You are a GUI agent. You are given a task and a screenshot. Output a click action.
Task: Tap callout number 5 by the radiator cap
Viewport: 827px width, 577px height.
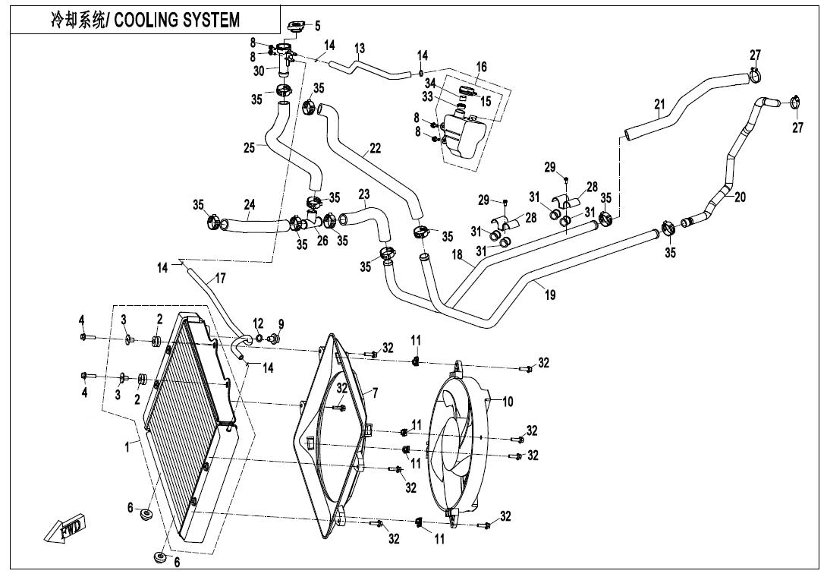(317, 26)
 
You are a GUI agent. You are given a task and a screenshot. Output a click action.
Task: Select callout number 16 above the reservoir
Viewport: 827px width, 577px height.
(481, 68)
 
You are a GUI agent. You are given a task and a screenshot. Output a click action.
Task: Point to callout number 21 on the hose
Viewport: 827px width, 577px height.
(659, 104)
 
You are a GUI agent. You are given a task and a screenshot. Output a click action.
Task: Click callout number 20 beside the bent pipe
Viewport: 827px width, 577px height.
(740, 197)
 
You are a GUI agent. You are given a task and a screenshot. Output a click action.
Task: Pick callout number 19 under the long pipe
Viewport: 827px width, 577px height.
(550, 295)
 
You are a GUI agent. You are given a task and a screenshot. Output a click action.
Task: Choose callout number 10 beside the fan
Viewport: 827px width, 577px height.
(508, 401)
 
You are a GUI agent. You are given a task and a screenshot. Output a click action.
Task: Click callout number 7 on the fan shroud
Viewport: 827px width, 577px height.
(374, 393)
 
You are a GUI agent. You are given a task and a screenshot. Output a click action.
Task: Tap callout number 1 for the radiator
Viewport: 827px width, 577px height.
(127, 447)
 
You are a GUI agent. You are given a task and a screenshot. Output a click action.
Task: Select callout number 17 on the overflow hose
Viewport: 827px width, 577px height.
(220, 279)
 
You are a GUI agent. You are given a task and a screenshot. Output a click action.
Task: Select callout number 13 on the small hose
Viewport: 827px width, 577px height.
(359, 49)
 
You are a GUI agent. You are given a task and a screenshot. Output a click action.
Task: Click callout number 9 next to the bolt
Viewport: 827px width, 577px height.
(280, 324)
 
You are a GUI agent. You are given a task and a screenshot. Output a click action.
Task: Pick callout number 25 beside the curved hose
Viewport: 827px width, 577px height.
(249, 148)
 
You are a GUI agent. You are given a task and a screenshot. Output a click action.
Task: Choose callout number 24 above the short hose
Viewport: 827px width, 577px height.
(249, 204)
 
